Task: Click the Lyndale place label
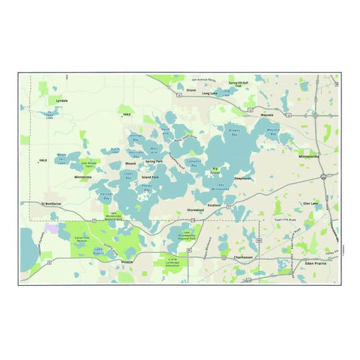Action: pos(61,101)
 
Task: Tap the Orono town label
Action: pos(191,90)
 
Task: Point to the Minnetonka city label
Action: pos(310,154)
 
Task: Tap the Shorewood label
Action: pos(195,211)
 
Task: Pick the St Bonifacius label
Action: pos(53,204)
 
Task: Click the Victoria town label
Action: pos(127,261)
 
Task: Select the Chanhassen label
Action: pos(244,257)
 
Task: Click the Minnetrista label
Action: pos(82,176)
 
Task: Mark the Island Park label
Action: pos(150,176)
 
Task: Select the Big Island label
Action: pos(215,170)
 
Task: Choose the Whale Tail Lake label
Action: pos(62,156)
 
